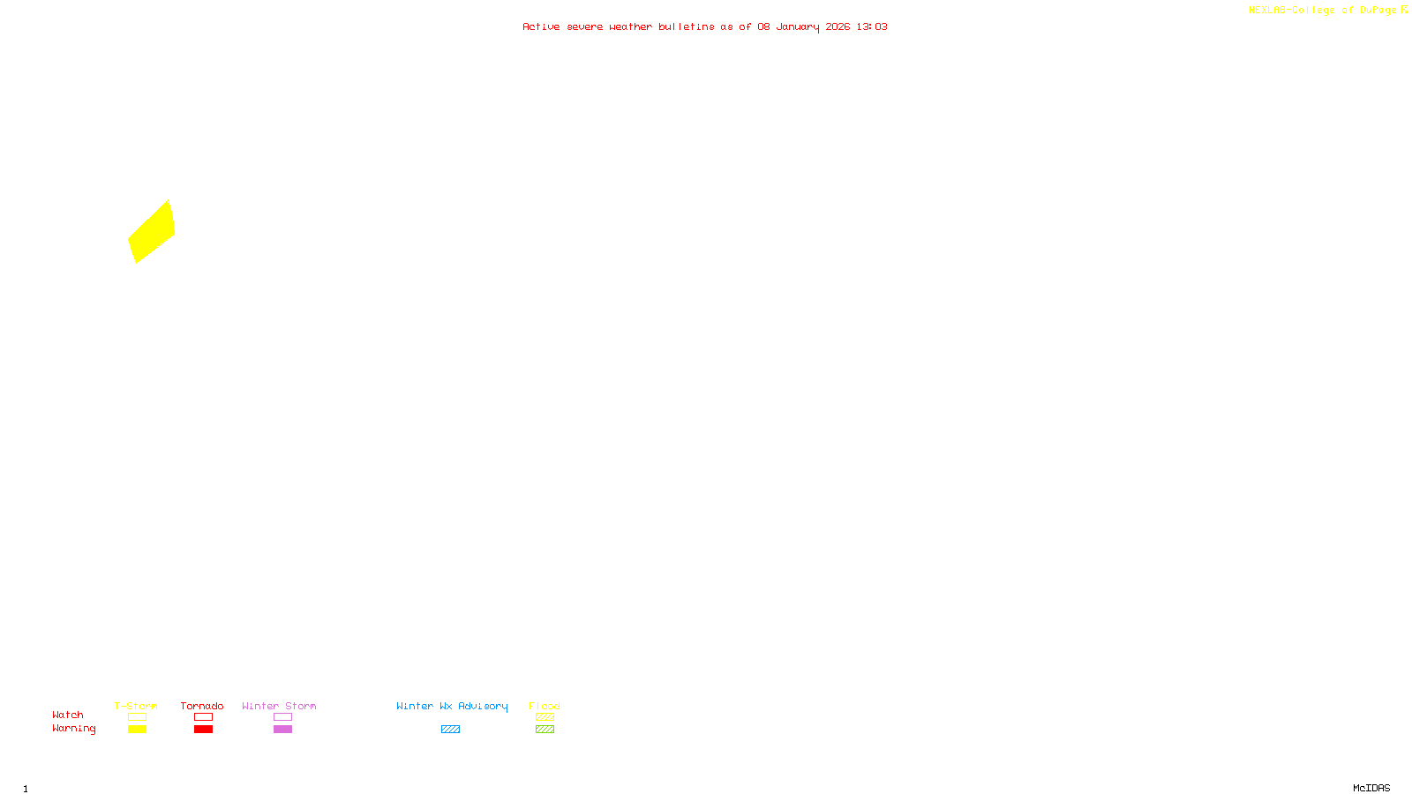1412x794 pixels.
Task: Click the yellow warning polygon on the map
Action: pyautogui.click(x=152, y=232)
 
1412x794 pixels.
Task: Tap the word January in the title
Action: pyautogui.click(x=798, y=27)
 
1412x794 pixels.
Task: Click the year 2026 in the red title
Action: pyautogui.click(x=837, y=27)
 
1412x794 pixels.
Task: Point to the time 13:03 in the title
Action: pyautogui.click(x=872, y=27)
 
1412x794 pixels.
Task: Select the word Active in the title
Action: pyautogui.click(x=541, y=27)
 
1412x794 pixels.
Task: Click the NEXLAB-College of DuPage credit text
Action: pyautogui.click(x=1322, y=11)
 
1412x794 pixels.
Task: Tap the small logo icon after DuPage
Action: pyautogui.click(x=1404, y=10)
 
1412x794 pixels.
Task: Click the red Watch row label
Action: pyautogui.click(x=68, y=715)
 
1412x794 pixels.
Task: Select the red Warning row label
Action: pyautogui.click(x=73, y=729)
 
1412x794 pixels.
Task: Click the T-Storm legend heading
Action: pyautogui.click(x=136, y=706)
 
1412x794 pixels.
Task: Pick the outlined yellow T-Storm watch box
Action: pyautogui.click(x=137, y=717)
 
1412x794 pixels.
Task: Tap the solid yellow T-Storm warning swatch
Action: pyautogui.click(x=137, y=730)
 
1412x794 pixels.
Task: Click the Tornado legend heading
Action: pyautogui.click(x=202, y=706)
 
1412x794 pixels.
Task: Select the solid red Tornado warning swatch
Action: pyautogui.click(x=203, y=730)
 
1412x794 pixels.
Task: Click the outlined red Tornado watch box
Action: pyautogui.click(x=203, y=717)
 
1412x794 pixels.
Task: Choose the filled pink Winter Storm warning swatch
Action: pyautogui.click(x=282, y=730)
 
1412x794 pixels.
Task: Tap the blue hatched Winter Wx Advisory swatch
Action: pyautogui.click(x=450, y=730)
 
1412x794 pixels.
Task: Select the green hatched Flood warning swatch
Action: pyautogui.click(x=545, y=730)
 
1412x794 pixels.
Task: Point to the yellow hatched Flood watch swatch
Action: pyautogui.click(x=545, y=717)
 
